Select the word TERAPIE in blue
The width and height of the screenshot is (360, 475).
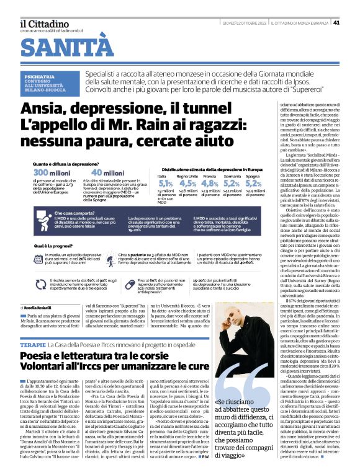(32, 343)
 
